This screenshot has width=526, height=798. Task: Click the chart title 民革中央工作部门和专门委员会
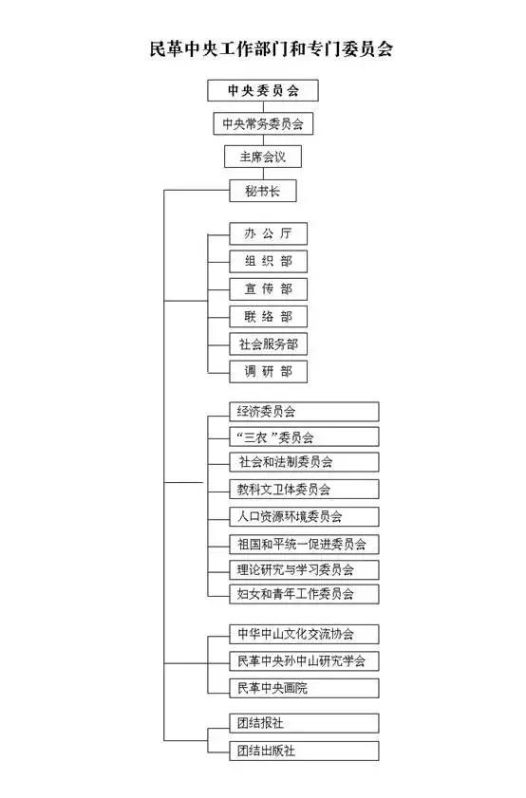coord(262,48)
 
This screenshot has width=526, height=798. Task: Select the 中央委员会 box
coord(262,91)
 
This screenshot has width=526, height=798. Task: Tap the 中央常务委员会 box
coord(262,123)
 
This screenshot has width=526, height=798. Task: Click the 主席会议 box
coord(262,157)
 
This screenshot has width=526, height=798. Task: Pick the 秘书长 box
coord(262,191)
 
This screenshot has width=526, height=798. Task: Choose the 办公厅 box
coord(269,233)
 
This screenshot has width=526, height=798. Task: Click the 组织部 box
coord(269,261)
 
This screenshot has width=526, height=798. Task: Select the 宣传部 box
coord(269,288)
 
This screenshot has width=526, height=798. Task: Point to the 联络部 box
coord(269,317)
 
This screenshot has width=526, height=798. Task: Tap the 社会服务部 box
coord(269,344)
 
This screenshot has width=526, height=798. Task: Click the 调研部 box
coord(269,372)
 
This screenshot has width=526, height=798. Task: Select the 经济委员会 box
coord(305,412)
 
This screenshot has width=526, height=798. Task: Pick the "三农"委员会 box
coord(305,437)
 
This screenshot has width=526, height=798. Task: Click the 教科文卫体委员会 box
coord(305,490)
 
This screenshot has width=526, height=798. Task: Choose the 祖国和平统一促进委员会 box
coord(305,544)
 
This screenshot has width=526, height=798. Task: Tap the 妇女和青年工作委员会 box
coord(305,594)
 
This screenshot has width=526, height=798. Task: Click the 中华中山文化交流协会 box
coord(305,634)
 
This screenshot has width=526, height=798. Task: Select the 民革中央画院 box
coord(305,687)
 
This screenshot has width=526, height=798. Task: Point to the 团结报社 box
coord(305,723)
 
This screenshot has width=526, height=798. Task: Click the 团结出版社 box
coord(305,751)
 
